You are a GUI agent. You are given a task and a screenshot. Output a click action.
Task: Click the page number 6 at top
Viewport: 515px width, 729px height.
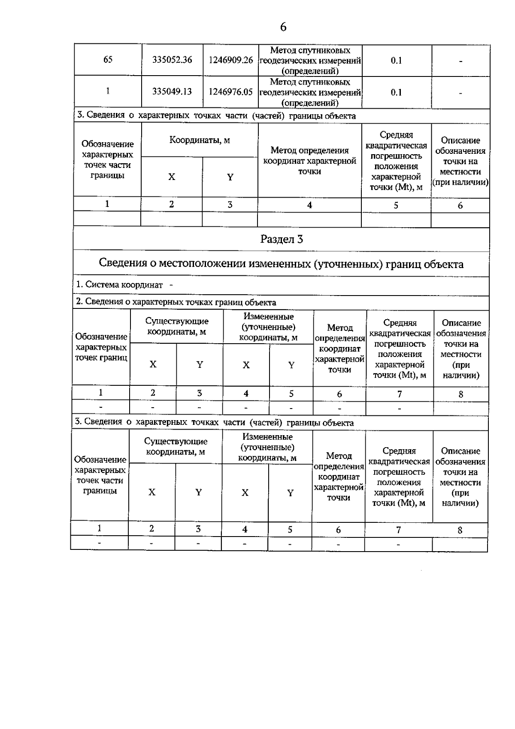(283, 27)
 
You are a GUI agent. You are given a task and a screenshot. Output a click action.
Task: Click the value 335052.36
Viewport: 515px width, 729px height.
(172, 60)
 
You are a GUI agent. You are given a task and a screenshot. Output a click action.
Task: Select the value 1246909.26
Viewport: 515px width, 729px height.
(230, 60)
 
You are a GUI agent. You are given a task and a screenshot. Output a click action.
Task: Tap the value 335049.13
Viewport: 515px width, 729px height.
(172, 92)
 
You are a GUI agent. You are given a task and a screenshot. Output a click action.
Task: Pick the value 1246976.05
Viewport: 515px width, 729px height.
(230, 92)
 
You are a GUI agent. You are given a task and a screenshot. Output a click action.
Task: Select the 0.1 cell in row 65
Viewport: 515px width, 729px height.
(396, 61)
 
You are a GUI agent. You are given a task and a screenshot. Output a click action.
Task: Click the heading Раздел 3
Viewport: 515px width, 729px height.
(282, 239)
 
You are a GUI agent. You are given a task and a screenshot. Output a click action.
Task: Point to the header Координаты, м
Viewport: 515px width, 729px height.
(200, 140)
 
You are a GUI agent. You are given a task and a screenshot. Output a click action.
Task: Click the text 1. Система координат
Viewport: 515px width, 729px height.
(120, 284)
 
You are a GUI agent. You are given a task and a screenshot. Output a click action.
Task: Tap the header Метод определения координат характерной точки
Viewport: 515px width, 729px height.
(309, 161)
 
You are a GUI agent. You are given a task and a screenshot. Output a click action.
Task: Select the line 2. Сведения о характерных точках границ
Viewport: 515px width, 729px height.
(176, 302)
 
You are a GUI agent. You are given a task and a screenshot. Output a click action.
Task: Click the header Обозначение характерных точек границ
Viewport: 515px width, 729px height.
(101, 347)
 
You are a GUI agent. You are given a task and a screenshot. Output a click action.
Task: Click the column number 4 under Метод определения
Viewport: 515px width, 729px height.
(309, 205)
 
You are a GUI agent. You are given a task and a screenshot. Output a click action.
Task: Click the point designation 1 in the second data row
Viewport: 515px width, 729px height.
(108, 91)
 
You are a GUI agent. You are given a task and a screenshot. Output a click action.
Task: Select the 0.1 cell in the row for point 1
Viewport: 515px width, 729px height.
(396, 92)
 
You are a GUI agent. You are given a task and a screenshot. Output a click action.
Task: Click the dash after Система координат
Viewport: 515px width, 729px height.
(171, 284)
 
